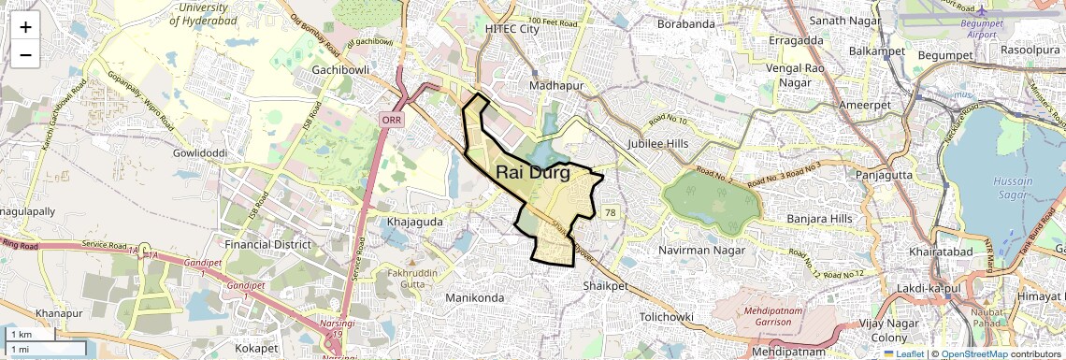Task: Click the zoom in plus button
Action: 25,26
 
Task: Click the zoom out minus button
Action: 25,54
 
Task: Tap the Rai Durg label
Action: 533,172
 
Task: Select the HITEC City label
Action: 512,29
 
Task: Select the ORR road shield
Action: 391,120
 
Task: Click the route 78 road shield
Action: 611,213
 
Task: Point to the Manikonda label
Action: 475,296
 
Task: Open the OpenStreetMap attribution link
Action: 974,353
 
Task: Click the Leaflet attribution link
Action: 903,353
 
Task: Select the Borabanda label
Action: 685,23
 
